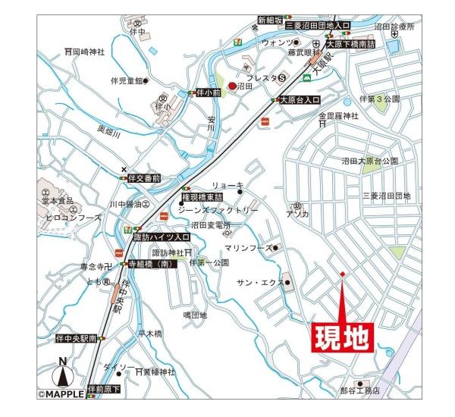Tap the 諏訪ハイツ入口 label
162,237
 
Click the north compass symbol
64,375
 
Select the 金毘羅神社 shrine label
337,116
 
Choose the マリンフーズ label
248,248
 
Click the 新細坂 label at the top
270,19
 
